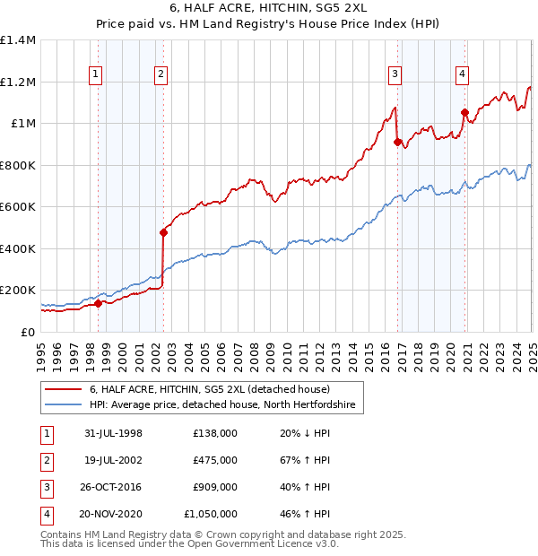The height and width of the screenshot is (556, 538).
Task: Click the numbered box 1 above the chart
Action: click(x=95, y=74)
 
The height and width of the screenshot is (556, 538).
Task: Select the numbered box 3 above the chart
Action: click(x=395, y=74)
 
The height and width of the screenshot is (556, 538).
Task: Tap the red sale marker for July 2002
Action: click(x=163, y=232)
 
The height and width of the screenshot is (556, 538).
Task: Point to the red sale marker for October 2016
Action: click(x=396, y=142)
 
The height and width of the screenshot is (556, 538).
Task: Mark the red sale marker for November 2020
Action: click(x=464, y=112)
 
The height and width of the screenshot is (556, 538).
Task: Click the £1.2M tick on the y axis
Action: click(x=18, y=82)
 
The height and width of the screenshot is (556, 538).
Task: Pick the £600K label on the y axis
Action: click(x=18, y=207)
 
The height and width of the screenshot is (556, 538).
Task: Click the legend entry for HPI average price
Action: click(x=222, y=405)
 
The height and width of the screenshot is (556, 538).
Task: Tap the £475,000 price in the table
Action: click(x=215, y=460)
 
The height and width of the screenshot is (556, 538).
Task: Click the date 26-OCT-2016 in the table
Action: click(x=112, y=487)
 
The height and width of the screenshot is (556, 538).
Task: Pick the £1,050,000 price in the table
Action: click(x=211, y=514)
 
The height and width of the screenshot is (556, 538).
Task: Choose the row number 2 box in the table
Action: click(x=46, y=460)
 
